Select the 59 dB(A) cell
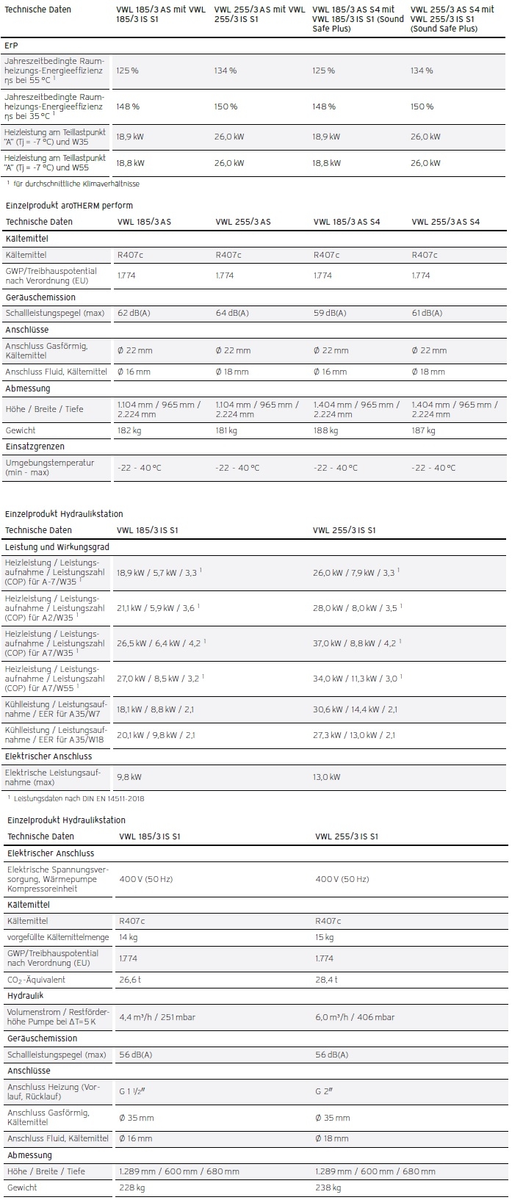pyautogui.click(x=330, y=314)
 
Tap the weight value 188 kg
pyautogui.click(x=325, y=431)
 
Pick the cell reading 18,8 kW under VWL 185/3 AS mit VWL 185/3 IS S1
pyautogui.click(x=130, y=163)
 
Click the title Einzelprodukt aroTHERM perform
pyautogui.click(x=69, y=206)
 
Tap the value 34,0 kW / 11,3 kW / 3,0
pyautogui.click(x=355, y=679)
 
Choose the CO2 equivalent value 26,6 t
pyautogui.click(x=131, y=980)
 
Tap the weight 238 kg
pyautogui.click(x=328, y=1188)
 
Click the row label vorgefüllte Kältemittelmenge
pyautogui.click(x=58, y=938)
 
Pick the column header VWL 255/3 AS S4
pyautogui.click(x=445, y=222)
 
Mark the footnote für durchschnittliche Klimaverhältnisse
pyautogui.click(x=76, y=184)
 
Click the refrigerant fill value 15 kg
pyautogui.click(x=324, y=938)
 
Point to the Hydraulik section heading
pyautogui.click(x=25, y=996)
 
